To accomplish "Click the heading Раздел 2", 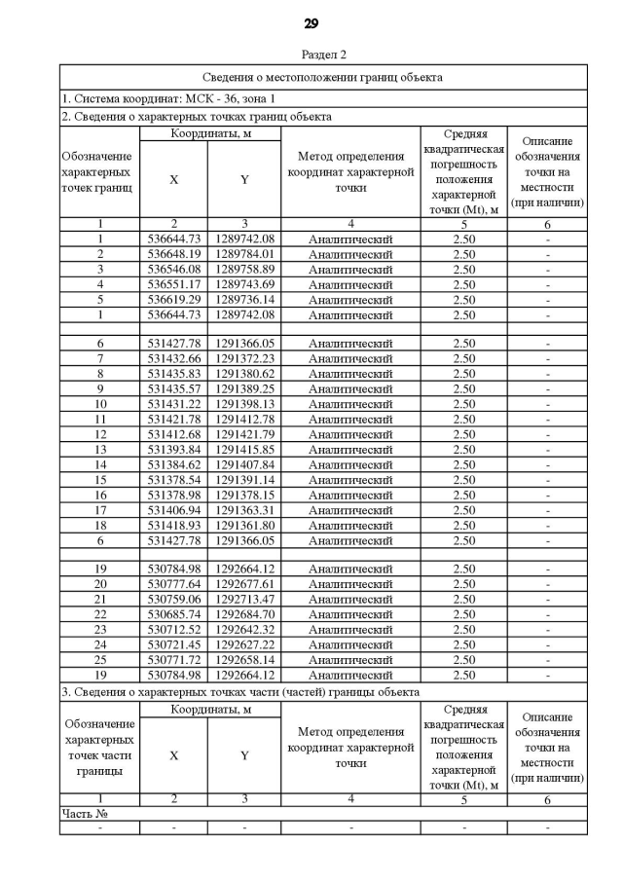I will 311,55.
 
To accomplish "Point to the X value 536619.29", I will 173,300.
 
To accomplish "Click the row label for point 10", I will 100,403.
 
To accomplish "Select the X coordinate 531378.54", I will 173,480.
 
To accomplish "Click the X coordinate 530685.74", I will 173,614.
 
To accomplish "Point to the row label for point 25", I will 100,660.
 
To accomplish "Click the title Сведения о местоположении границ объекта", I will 322,76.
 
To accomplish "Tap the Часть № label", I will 84,813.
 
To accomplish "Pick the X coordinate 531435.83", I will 173,373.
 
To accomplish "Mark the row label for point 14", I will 100,464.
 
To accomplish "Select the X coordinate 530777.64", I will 173,584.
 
